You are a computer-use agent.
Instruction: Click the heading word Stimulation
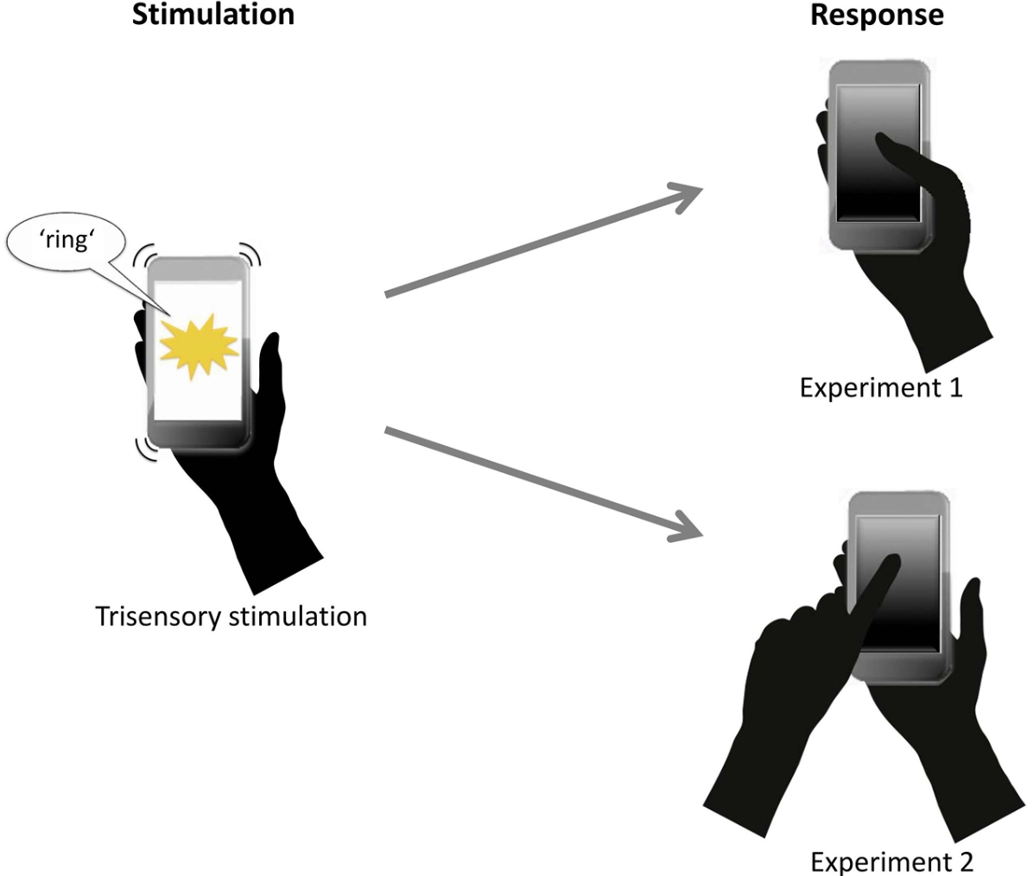(212, 14)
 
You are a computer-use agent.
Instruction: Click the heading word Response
(877, 14)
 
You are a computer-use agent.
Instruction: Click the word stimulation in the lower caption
(303, 617)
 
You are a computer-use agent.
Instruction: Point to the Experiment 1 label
(880, 388)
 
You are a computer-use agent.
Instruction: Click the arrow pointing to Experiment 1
(553, 242)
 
